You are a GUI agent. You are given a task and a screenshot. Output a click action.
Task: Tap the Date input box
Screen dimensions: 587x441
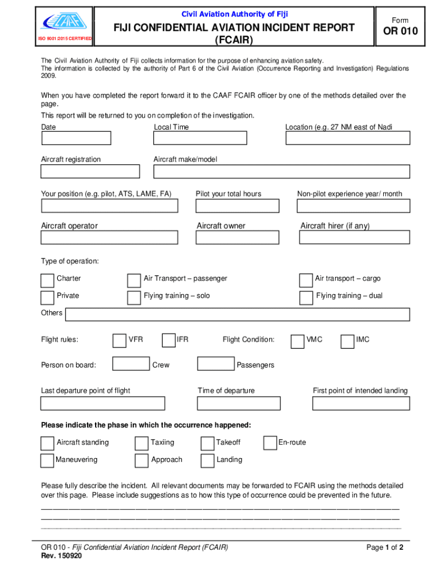(x=76, y=138)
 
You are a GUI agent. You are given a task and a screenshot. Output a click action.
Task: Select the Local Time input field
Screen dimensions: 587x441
(x=200, y=138)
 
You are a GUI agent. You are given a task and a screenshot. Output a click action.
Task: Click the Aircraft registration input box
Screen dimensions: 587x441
(x=90, y=171)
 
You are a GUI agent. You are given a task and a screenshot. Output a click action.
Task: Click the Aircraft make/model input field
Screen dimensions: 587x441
(x=281, y=171)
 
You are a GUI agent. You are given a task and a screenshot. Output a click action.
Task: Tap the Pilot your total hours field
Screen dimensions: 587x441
(x=237, y=206)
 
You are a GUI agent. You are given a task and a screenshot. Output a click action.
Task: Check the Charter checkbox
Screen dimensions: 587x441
(x=48, y=280)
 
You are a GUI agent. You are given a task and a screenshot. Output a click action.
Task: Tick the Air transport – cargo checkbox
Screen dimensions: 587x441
(x=306, y=280)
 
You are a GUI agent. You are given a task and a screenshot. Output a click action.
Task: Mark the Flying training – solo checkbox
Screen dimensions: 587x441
(x=133, y=298)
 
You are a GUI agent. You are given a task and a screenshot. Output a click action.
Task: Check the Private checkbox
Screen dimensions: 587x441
(x=48, y=298)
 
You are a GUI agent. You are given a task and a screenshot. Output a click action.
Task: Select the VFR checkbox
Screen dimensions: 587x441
(x=119, y=341)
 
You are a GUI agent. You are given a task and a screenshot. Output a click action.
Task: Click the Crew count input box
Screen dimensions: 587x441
(x=131, y=363)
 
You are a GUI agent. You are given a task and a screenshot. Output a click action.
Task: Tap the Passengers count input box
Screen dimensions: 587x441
(x=215, y=363)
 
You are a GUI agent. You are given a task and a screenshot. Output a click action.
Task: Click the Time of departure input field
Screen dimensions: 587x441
(x=239, y=404)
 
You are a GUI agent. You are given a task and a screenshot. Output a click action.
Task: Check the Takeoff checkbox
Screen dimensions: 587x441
(x=207, y=444)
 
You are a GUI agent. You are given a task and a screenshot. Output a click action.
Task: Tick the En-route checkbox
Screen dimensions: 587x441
(x=270, y=443)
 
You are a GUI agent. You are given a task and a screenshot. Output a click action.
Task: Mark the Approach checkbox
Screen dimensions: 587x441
(x=141, y=461)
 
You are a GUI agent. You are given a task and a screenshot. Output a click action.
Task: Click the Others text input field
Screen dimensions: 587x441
(x=237, y=314)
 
